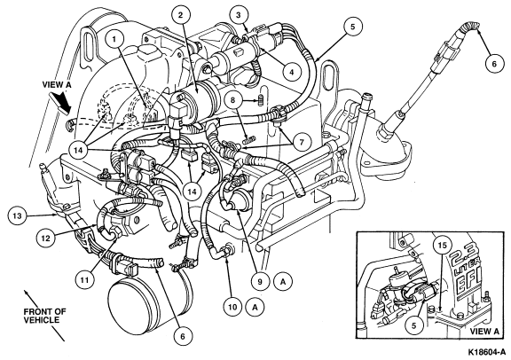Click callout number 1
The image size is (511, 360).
tap(114, 40)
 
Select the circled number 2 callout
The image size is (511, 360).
tap(181, 15)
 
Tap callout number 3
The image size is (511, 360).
tap(239, 15)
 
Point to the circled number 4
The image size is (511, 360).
tap(292, 72)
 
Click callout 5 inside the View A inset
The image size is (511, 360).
tap(414, 325)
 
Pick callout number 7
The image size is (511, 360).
tap(302, 142)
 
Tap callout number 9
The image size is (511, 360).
tap(260, 281)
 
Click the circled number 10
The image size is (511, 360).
tap(232, 307)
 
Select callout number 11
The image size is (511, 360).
tap(85, 279)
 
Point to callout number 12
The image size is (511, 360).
tap(46, 239)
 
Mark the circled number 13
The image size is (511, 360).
tap(18, 215)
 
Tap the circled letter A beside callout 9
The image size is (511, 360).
tap(283, 281)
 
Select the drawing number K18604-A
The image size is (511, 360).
tap(488, 352)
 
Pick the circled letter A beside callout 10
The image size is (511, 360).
tap(255, 307)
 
